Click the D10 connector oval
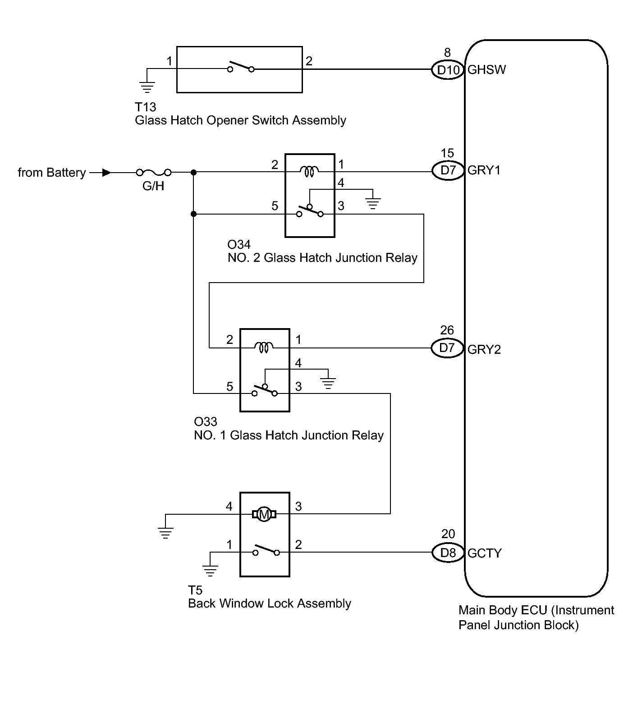click(448, 70)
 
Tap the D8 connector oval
click(448, 553)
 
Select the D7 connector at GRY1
click(448, 170)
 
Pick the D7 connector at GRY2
click(448, 348)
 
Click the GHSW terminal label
click(487, 70)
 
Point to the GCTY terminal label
click(485, 553)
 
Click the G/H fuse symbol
click(154, 172)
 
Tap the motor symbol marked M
click(264, 514)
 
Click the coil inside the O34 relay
click(309, 170)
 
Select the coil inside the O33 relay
click(264, 347)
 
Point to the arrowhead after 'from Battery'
click(107, 172)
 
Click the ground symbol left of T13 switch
click(147, 87)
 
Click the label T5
click(195, 590)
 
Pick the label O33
click(206, 422)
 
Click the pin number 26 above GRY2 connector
click(447, 330)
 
